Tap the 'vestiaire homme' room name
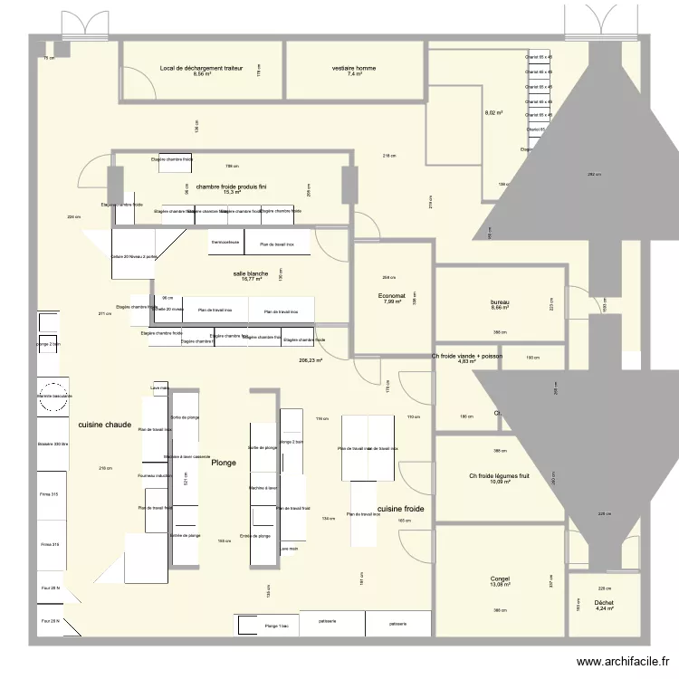pyautogui.click(x=354, y=68)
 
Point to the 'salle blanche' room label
pyautogui.click(x=251, y=273)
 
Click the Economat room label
pyautogui.click(x=392, y=295)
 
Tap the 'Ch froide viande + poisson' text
pyautogui.click(x=467, y=356)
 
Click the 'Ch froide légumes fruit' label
pyautogui.click(x=499, y=476)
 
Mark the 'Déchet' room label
pyautogui.click(x=604, y=602)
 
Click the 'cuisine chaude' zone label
pyautogui.click(x=105, y=424)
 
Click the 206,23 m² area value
pyautogui.click(x=311, y=359)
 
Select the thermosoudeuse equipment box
pyautogui.click(x=225, y=243)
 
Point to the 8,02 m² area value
pyautogui.click(x=493, y=113)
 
